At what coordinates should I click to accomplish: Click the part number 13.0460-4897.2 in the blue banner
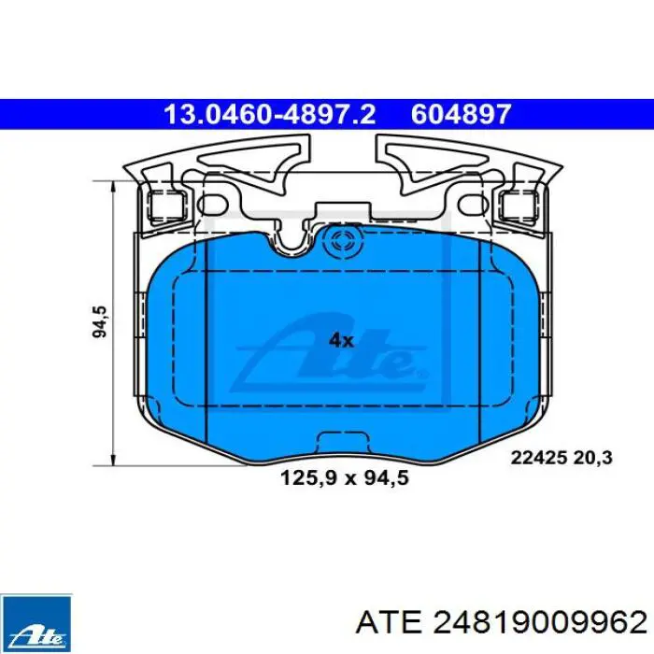tap(270, 114)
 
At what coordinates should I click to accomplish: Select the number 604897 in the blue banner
tap(461, 114)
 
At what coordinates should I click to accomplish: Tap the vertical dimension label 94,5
tap(100, 321)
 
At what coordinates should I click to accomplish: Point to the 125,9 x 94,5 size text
tap(345, 477)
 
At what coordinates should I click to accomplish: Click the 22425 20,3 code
tap(562, 458)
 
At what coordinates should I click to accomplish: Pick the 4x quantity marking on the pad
tap(341, 341)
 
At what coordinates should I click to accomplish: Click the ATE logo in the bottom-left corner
tap(36, 623)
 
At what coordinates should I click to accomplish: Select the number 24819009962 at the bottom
tap(540, 623)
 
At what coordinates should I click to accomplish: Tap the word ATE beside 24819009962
tap(389, 623)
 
